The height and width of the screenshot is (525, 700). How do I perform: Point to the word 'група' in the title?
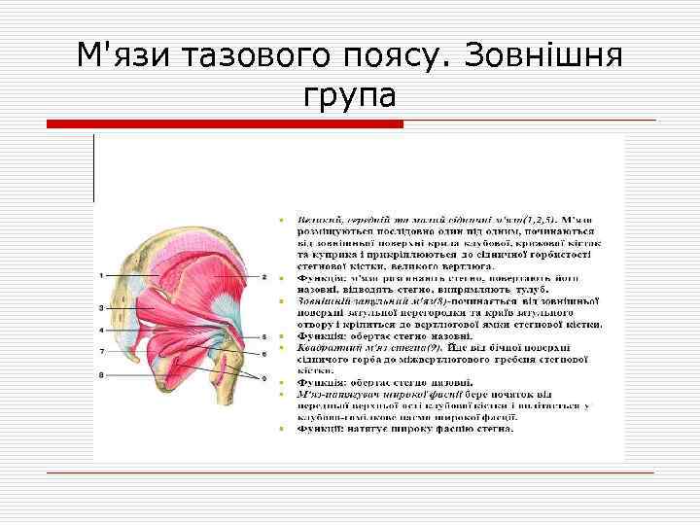[350, 96]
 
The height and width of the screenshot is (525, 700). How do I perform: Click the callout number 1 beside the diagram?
[101, 276]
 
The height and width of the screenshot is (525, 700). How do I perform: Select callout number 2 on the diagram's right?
[264, 276]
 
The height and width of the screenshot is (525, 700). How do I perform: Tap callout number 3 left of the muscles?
[101, 307]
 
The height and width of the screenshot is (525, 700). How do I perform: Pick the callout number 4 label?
[101, 331]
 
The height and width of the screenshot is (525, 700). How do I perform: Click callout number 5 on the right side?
[264, 335]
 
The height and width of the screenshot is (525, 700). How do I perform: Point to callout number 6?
[264, 351]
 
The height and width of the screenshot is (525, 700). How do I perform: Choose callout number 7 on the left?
[101, 350]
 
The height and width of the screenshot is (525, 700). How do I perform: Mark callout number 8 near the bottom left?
[101, 374]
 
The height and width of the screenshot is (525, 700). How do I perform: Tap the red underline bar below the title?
[226, 122]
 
